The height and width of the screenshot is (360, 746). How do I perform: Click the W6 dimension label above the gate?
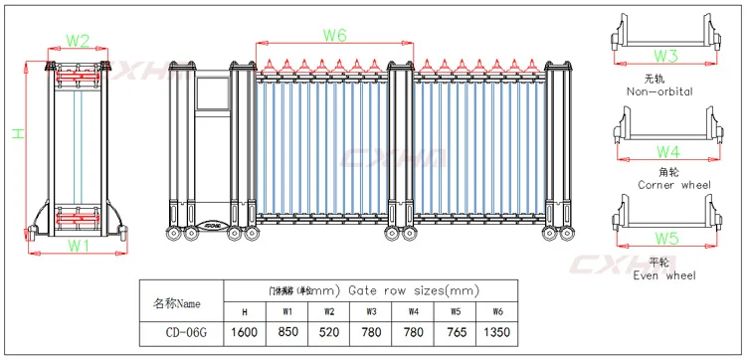click(x=334, y=36)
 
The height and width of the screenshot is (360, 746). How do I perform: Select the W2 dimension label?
click(x=78, y=41)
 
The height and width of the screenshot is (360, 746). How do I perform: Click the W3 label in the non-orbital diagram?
click(x=665, y=57)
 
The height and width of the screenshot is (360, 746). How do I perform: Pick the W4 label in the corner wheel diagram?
click(x=666, y=151)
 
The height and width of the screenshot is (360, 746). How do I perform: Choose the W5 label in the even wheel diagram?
click(x=666, y=239)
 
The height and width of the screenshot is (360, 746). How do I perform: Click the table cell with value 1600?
click(x=246, y=332)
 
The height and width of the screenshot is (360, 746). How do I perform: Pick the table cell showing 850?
click(x=287, y=332)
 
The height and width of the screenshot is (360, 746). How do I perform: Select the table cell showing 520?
click(x=328, y=332)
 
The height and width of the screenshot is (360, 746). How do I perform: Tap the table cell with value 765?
click(x=453, y=332)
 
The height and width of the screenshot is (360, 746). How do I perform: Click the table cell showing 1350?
click(x=494, y=332)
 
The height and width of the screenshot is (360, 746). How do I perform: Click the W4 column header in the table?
click(x=412, y=311)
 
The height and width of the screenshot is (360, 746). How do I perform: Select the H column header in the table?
click(x=246, y=311)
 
